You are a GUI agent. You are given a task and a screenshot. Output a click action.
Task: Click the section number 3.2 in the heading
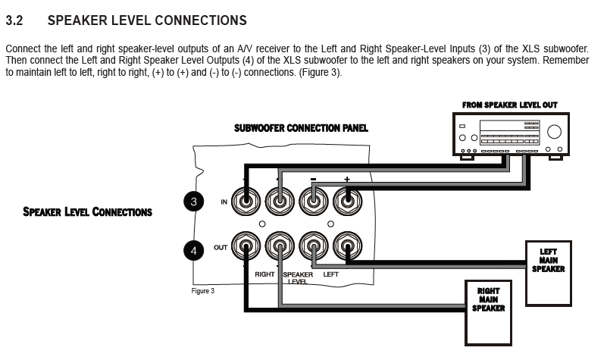(15, 20)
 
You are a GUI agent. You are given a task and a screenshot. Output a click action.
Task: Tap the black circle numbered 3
(194, 201)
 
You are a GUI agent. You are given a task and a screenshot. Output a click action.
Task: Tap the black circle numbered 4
(194, 250)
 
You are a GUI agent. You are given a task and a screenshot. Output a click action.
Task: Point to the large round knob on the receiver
(554, 130)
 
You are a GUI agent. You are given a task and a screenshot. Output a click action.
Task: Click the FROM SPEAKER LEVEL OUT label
(509, 105)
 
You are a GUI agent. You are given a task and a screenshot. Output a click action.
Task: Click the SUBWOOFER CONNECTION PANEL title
(301, 128)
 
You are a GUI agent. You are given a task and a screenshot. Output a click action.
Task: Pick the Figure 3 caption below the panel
(202, 291)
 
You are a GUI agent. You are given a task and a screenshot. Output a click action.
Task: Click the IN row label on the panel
(224, 202)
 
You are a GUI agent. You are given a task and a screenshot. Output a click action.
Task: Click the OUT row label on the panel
(221, 248)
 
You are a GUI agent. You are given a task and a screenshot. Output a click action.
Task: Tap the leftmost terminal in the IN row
(248, 202)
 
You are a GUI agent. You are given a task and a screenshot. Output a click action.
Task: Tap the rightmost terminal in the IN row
(347, 202)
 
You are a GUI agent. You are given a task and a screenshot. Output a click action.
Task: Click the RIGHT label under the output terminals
(264, 274)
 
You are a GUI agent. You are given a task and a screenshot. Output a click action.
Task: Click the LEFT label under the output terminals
(331, 274)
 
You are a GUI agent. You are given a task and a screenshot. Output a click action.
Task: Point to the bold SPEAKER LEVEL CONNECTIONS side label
(87, 212)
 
